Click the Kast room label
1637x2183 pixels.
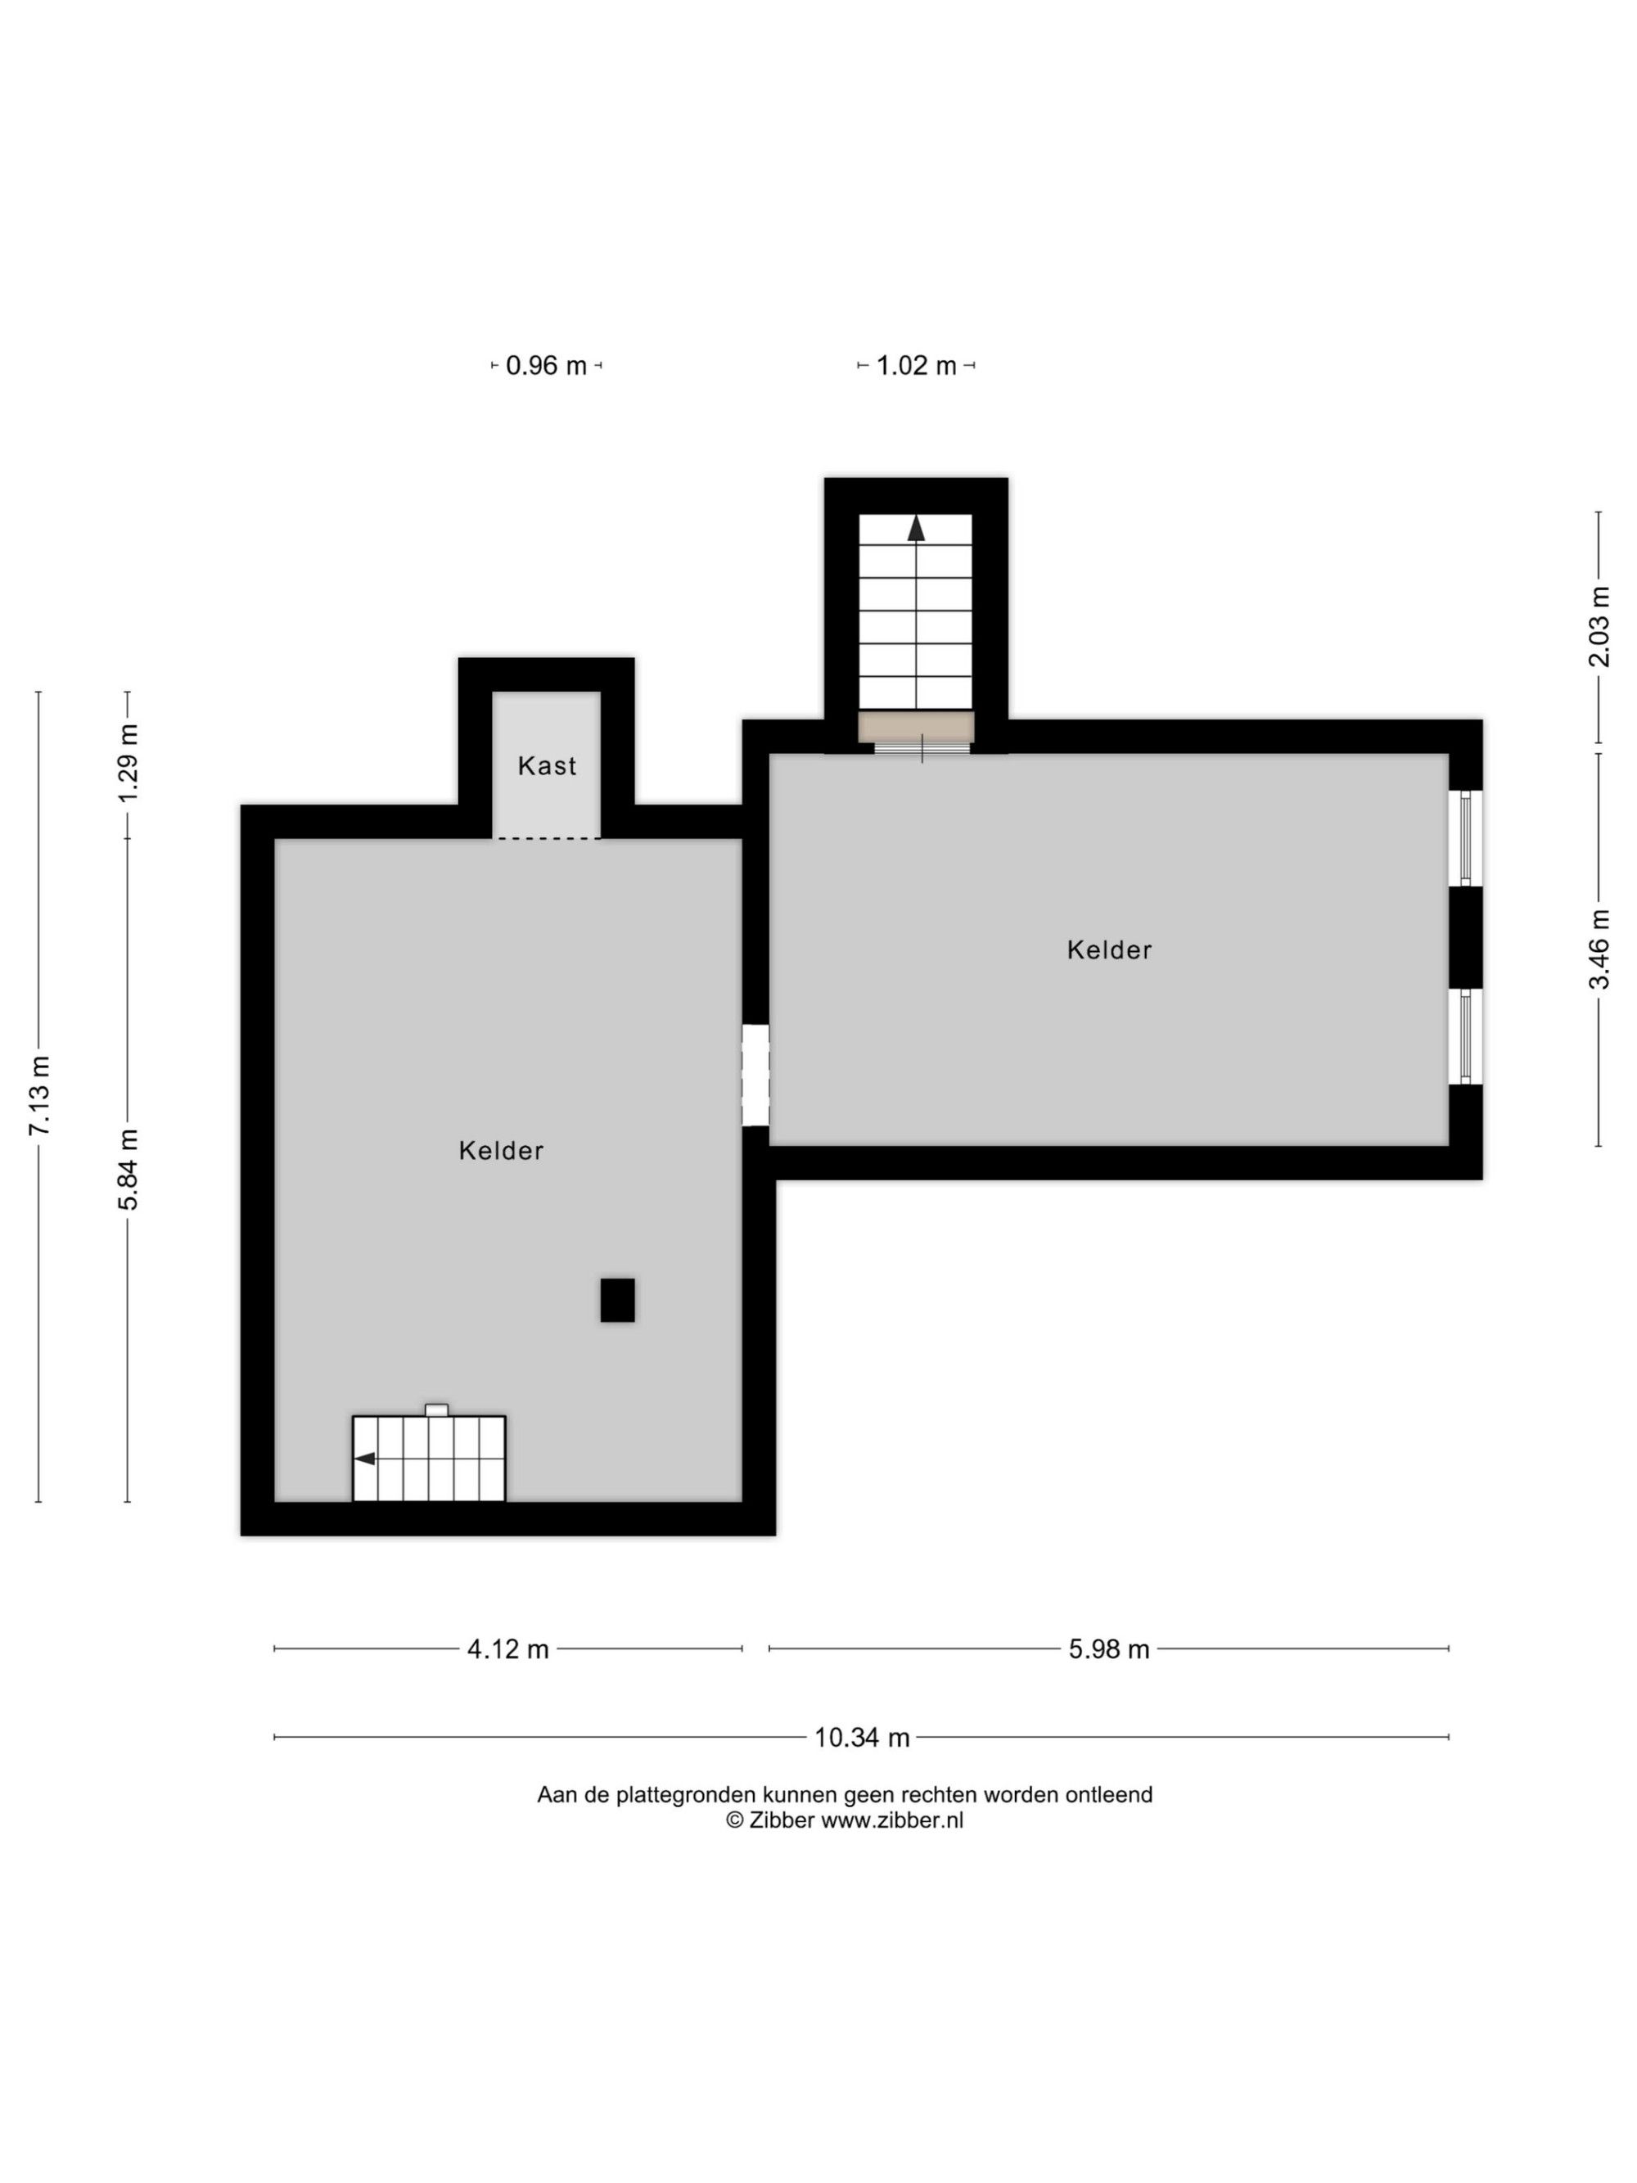(547, 766)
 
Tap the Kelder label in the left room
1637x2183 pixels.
(501, 1151)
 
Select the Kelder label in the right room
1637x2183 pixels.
(1109, 950)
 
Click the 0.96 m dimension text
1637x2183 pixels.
(547, 366)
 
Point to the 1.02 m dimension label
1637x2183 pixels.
(917, 366)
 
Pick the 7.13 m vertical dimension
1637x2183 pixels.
(40, 1095)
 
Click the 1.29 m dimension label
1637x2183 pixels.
(129, 763)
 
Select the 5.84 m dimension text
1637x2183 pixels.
(129, 1170)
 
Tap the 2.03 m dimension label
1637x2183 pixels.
(1599, 627)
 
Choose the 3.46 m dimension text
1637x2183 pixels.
(1599, 949)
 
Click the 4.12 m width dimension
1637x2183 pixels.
(508, 1649)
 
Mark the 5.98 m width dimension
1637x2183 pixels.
(1109, 1649)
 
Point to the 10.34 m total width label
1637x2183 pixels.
(861, 1738)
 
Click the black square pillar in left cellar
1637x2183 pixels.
(618, 1300)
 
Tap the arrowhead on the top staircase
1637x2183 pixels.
(917, 529)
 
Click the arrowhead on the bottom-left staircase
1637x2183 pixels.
(364, 1459)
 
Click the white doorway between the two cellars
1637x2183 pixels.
(755, 1076)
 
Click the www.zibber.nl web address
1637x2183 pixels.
(892, 1821)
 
